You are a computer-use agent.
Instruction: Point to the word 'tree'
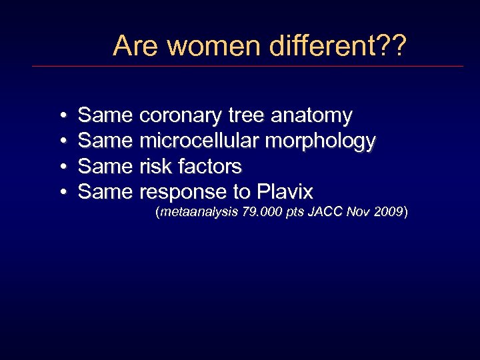(x=246, y=116)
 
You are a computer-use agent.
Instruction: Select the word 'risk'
(x=156, y=167)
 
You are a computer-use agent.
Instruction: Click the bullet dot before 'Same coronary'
(x=61, y=117)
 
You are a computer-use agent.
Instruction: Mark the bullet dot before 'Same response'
(x=61, y=193)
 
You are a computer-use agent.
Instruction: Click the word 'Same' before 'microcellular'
(x=105, y=141)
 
